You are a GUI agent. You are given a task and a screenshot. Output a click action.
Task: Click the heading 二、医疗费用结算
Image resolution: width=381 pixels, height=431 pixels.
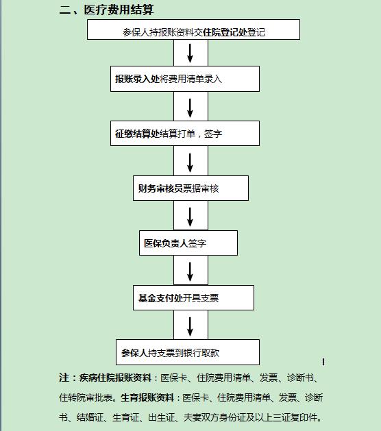[106, 10]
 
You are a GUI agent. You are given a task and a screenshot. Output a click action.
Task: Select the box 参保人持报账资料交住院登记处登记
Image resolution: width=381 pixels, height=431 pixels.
[193, 29]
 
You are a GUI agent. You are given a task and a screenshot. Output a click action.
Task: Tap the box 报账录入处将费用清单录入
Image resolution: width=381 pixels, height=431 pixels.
[185, 79]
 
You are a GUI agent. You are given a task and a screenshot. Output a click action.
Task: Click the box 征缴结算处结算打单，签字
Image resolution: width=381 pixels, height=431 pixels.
[185, 134]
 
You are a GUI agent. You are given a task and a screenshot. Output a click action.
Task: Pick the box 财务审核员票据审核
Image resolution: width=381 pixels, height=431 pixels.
[190, 188]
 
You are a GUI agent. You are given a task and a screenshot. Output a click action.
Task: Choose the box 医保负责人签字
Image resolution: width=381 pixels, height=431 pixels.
[188, 243]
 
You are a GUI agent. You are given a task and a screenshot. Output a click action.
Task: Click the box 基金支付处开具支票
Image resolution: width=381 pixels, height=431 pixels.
[193, 297]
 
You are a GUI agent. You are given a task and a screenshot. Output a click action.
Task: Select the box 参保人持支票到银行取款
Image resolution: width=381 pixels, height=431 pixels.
[188, 352]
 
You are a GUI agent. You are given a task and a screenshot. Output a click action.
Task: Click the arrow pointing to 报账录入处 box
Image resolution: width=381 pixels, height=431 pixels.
[190, 53]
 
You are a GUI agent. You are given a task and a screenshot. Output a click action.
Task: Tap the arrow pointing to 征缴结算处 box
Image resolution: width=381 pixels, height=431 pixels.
[190, 108]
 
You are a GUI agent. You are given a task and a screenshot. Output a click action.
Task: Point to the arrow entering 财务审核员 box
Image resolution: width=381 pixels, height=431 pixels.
[190, 162]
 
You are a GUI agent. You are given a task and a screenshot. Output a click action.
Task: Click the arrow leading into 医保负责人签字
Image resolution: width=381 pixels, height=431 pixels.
[190, 217]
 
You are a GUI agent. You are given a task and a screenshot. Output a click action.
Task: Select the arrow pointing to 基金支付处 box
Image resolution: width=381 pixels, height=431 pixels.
[190, 272]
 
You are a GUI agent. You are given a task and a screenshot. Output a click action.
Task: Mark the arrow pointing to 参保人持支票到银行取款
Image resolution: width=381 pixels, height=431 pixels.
[190, 327]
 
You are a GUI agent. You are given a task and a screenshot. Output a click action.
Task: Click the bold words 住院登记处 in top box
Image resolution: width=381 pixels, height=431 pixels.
[225, 32]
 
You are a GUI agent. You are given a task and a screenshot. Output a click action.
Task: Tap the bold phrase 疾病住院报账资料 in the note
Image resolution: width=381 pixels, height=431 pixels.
[115, 378]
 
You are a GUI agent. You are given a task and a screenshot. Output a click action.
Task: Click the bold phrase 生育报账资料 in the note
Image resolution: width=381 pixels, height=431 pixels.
[147, 397]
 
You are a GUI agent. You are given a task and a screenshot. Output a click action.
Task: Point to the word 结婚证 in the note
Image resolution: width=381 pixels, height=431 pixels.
[90, 417]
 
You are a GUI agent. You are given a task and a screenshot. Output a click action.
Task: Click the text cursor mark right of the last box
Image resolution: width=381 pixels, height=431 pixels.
[323, 362]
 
